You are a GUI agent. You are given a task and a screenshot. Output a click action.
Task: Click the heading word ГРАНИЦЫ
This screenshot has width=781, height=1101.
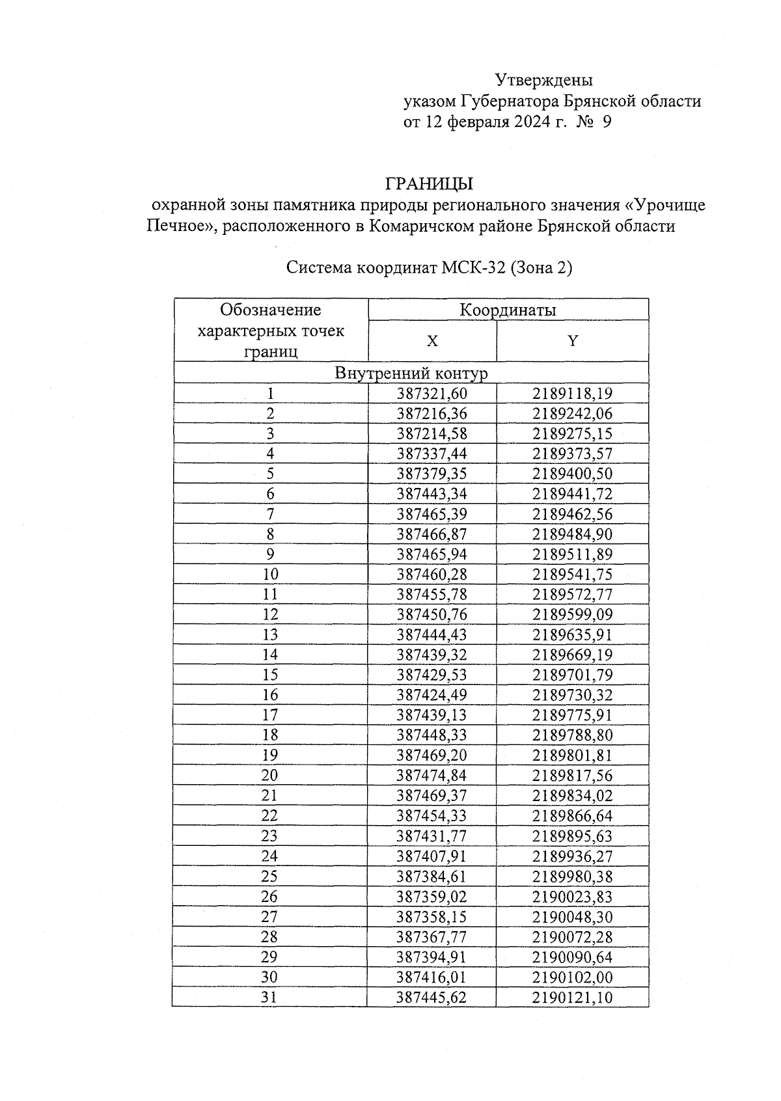(429, 184)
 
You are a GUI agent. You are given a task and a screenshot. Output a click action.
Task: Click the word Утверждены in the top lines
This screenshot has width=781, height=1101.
(544, 81)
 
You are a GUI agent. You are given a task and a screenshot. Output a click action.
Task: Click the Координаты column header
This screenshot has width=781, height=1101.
(508, 310)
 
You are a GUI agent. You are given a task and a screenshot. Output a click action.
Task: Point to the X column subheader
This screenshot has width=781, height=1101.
(432, 341)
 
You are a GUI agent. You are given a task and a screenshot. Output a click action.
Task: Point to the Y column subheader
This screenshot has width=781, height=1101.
(572, 341)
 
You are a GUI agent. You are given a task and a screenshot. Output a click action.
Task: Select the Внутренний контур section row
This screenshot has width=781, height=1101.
(411, 373)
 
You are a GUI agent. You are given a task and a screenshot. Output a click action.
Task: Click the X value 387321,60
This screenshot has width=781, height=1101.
(432, 394)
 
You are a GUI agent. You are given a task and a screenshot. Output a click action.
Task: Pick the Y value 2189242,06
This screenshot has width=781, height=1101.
(572, 414)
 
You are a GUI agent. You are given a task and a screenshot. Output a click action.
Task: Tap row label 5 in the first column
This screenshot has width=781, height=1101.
(270, 474)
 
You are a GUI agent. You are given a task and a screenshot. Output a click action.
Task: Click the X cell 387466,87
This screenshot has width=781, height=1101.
(432, 534)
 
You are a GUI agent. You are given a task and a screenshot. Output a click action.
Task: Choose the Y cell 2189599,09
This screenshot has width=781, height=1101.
(572, 614)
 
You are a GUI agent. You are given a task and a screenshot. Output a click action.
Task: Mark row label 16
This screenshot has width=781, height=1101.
(270, 695)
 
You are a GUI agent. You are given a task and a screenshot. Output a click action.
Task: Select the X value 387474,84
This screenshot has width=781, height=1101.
(432, 775)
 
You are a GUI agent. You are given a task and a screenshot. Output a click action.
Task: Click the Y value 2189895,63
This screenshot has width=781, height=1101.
(572, 836)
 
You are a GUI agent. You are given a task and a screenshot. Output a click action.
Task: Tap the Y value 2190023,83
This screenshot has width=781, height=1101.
(572, 896)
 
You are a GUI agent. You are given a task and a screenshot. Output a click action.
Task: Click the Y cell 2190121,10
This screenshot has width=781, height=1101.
(572, 997)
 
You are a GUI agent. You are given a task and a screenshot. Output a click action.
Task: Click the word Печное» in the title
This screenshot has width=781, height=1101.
(177, 226)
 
